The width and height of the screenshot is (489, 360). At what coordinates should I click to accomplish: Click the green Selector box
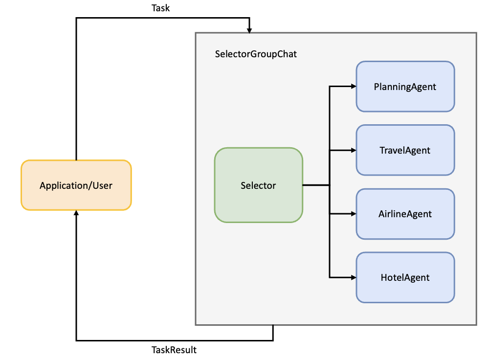coord(259,185)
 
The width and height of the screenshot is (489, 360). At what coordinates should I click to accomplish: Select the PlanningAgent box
coord(405,87)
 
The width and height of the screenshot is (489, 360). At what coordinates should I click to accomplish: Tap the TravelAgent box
coord(405,150)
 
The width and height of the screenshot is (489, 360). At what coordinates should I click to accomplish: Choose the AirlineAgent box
coord(405,214)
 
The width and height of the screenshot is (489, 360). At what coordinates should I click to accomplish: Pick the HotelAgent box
coord(405,277)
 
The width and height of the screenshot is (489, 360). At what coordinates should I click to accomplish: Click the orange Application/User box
coord(76,185)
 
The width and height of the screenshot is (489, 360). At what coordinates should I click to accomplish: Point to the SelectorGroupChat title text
coord(256,54)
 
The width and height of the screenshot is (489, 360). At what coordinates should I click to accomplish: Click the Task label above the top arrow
coord(161,8)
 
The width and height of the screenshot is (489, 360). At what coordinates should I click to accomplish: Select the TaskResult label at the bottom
coord(174,350)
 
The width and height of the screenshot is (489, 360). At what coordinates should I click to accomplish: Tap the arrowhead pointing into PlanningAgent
coord(353,87)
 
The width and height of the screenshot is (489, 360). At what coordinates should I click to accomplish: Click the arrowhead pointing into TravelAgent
coord(353,150)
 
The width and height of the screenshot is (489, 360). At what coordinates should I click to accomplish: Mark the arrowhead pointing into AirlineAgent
coord(353,214)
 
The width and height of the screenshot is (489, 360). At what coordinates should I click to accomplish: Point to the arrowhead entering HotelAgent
coord(353,277)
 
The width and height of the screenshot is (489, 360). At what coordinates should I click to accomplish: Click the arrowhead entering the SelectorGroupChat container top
coord(249,30)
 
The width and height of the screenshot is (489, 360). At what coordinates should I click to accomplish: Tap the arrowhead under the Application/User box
coord(76,213)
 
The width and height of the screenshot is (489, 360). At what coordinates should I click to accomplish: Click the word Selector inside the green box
coord(258,185)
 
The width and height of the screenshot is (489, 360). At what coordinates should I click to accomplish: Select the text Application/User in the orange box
coord(76,185)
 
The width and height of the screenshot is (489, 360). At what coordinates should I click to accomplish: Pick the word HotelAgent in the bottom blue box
coord(405,277)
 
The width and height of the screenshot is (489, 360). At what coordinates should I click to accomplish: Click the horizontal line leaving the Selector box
coord(316,185)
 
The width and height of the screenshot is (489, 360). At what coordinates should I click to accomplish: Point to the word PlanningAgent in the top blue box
coord(405,87)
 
